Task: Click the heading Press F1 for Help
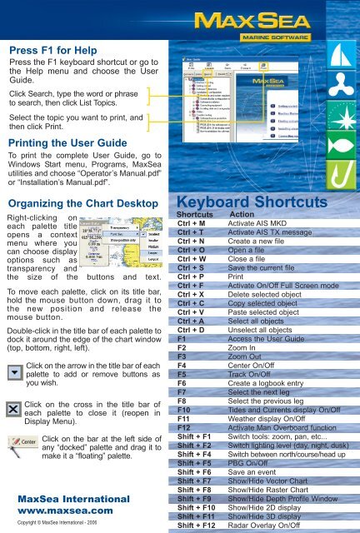tap(44, 50)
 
